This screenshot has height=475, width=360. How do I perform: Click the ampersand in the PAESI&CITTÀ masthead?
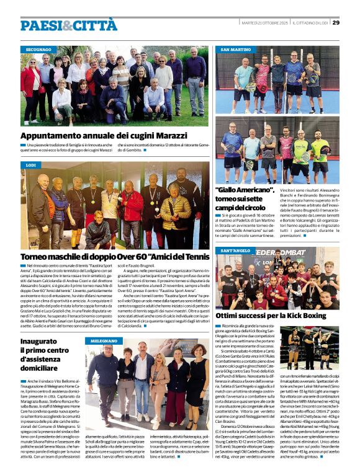point(65,25)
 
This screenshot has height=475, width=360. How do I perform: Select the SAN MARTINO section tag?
point(236,49)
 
